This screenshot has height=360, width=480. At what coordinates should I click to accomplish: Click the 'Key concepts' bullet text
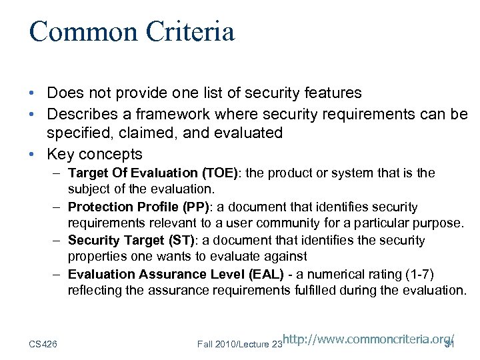click(x=94, y=154)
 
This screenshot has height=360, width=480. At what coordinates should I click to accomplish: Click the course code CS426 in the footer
click(x=43, y=343)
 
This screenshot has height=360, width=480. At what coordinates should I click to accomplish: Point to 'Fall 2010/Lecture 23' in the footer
click(x=239, y=343)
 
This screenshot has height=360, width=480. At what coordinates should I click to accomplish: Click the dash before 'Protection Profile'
click(x=59, y=207)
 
